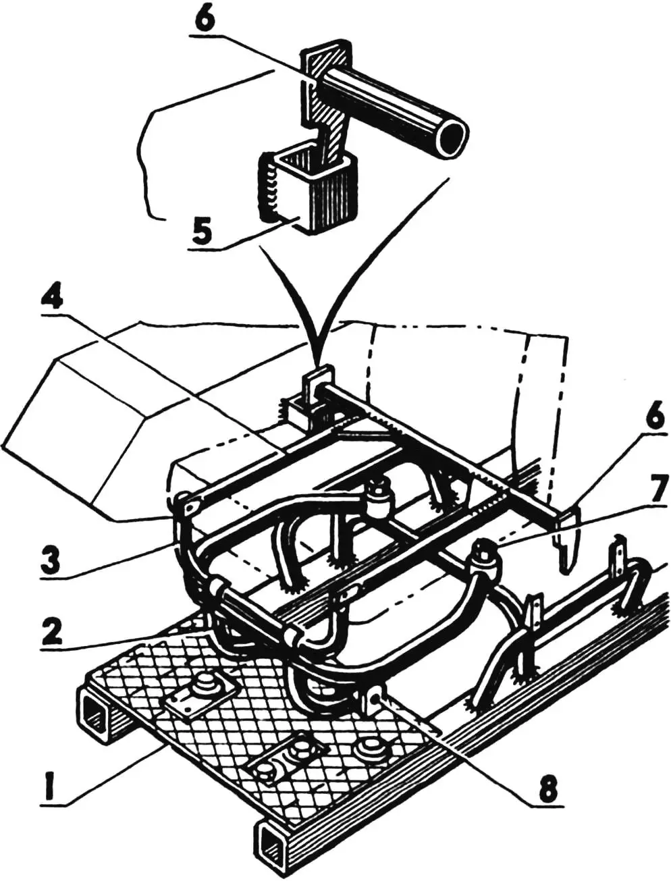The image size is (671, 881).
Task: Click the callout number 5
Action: [203, 230]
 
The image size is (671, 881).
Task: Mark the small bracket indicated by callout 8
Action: [373, 700]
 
